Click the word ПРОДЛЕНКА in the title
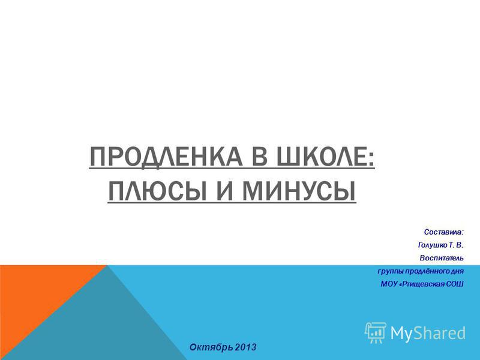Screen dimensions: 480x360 (x=166, y=157)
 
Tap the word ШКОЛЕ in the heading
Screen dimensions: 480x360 (x=325, y=156)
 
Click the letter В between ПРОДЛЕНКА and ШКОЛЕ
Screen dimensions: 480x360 (x=260, y=157)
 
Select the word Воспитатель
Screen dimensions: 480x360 (x=442, y=258)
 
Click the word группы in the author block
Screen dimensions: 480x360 (x=391, y=272)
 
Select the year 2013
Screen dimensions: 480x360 (x=246, y=347)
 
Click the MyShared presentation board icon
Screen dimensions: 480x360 (x=376, y=333)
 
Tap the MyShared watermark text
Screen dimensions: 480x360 (x=428, y=333)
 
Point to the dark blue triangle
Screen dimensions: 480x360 (x=101, y=325)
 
